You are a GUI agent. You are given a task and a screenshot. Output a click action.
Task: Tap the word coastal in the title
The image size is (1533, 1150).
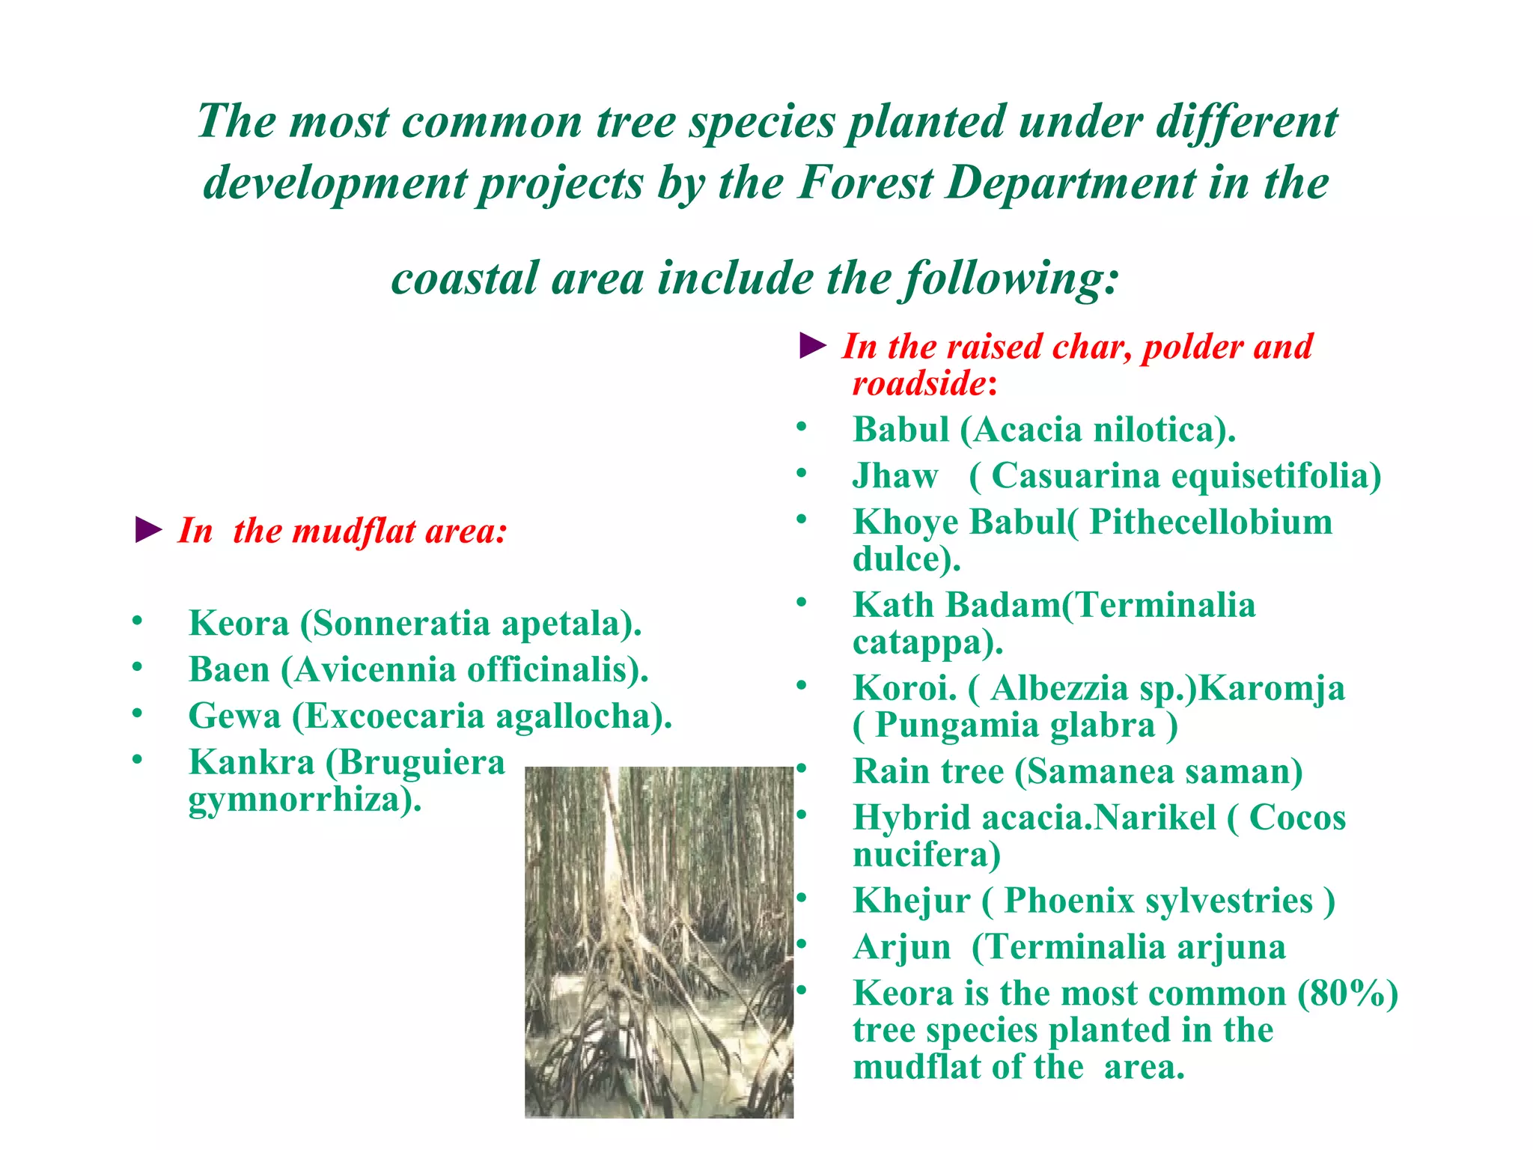(x=464, y=279)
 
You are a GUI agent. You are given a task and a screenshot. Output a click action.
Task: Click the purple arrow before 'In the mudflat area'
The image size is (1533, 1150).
(x=148, y=530)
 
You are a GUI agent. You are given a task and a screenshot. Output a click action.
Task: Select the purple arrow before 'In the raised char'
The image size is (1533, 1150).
(x=812, y=346)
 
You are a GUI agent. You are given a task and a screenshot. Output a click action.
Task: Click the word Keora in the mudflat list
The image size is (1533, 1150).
(x=239, y=623)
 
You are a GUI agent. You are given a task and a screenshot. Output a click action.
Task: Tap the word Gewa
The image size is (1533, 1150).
(x=234, y=716)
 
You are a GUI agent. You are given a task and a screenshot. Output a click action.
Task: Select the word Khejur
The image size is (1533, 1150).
(x=911, y=901)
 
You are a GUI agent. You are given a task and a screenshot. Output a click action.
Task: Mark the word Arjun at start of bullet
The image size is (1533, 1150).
(x=902, y=947)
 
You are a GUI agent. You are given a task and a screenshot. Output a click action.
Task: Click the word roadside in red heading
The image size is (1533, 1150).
(x=918, y=383)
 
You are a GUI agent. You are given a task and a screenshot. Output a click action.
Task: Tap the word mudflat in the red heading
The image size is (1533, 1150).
(x=354, y=532)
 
